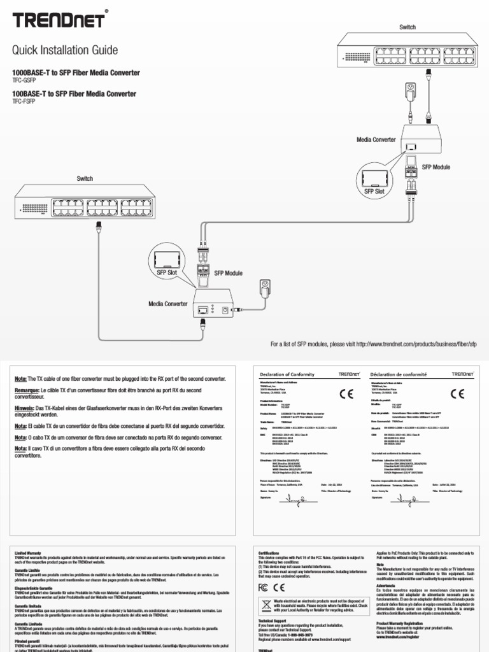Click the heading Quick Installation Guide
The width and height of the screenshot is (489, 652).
tap(66, 50)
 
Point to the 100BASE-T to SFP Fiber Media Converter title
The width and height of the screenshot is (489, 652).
tap(74, 94)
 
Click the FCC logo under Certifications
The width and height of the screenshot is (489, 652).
tap(264, 587)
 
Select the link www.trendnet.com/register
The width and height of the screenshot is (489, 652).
tap(400, 637)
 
